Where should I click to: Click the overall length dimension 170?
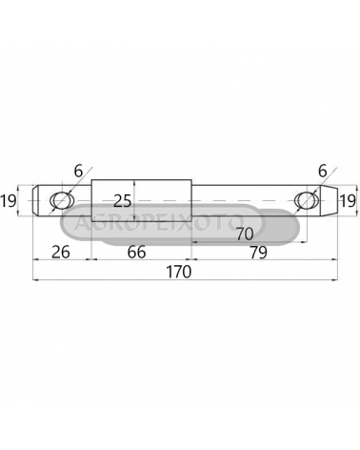(x=179, y=272)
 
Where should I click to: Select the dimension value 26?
(x=61, y=252)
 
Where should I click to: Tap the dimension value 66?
(x=136, y=252)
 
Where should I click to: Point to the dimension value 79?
(x=258, y=253)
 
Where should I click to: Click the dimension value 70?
(x=245, y=235)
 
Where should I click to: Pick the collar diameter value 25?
(x=123, y=201)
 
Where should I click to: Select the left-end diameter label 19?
(x=9, y=201)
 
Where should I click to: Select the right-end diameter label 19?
(x=348, y=201)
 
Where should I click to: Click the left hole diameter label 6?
(x=78, y=172)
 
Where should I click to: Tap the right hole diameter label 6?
(x=322, y=172)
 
